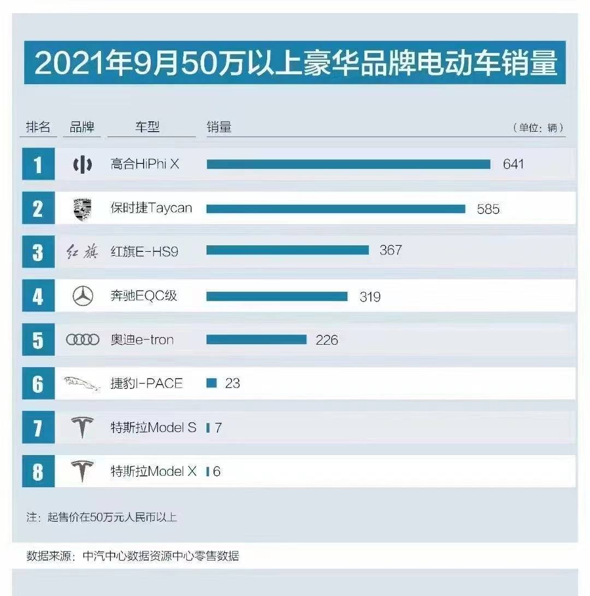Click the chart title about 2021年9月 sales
[x=295, y=64]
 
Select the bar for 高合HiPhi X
[x=348, y=164]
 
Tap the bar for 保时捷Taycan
[x=335, y=209]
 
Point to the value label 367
[x=391, y=250]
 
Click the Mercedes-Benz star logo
[x=82, y=296]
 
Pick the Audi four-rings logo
[x=82, y=340]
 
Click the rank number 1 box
[x=38, y=164]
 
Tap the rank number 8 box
[x=38, y=471]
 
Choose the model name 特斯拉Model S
[x=153, y=428]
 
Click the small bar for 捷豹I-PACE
[x=211, y=383]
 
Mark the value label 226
[x=327, y=340]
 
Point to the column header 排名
[x=38, y=127]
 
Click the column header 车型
[x=147, y=127]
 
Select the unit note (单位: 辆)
[x=538, y=128]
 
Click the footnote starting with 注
[x=102, y=517]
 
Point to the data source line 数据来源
[x=133, y=556]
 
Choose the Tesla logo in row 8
[x=82, y=471]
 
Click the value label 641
[x=513, y=164]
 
